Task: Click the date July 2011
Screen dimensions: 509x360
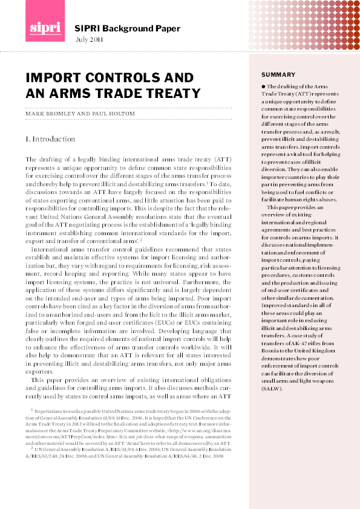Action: pos(89,40)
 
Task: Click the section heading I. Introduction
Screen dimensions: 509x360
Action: pos(50,139)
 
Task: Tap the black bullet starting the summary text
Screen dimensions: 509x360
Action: pos(264,87)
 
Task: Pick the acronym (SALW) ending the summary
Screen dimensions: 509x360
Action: pos(272,389)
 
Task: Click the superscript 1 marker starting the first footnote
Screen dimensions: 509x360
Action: pos(32,409)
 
